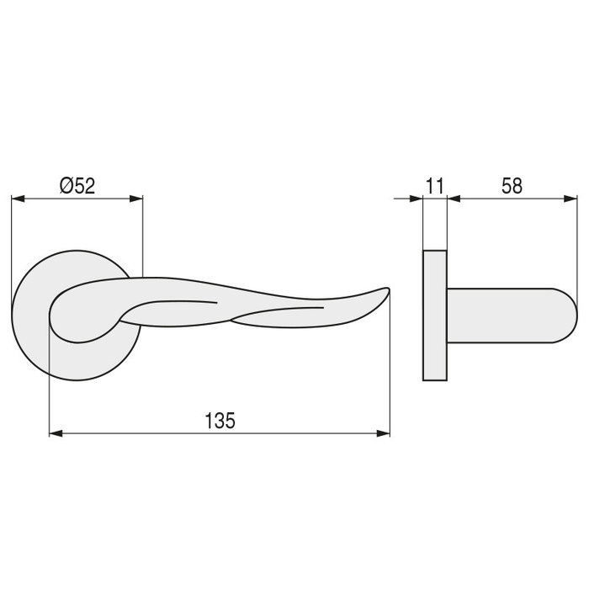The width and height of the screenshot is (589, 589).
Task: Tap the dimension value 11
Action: click(434, 186)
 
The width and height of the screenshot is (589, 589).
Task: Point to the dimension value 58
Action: click(511, 186)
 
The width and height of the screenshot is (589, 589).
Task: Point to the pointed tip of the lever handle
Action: click(389, 290)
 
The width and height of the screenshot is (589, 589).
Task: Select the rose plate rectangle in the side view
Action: click(434, 316)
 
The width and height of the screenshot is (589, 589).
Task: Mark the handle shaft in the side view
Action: click(505, 315)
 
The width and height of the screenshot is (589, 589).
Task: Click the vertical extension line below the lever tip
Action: click(391, 370)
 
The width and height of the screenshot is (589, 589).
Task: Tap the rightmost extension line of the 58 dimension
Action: click(578, 244)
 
